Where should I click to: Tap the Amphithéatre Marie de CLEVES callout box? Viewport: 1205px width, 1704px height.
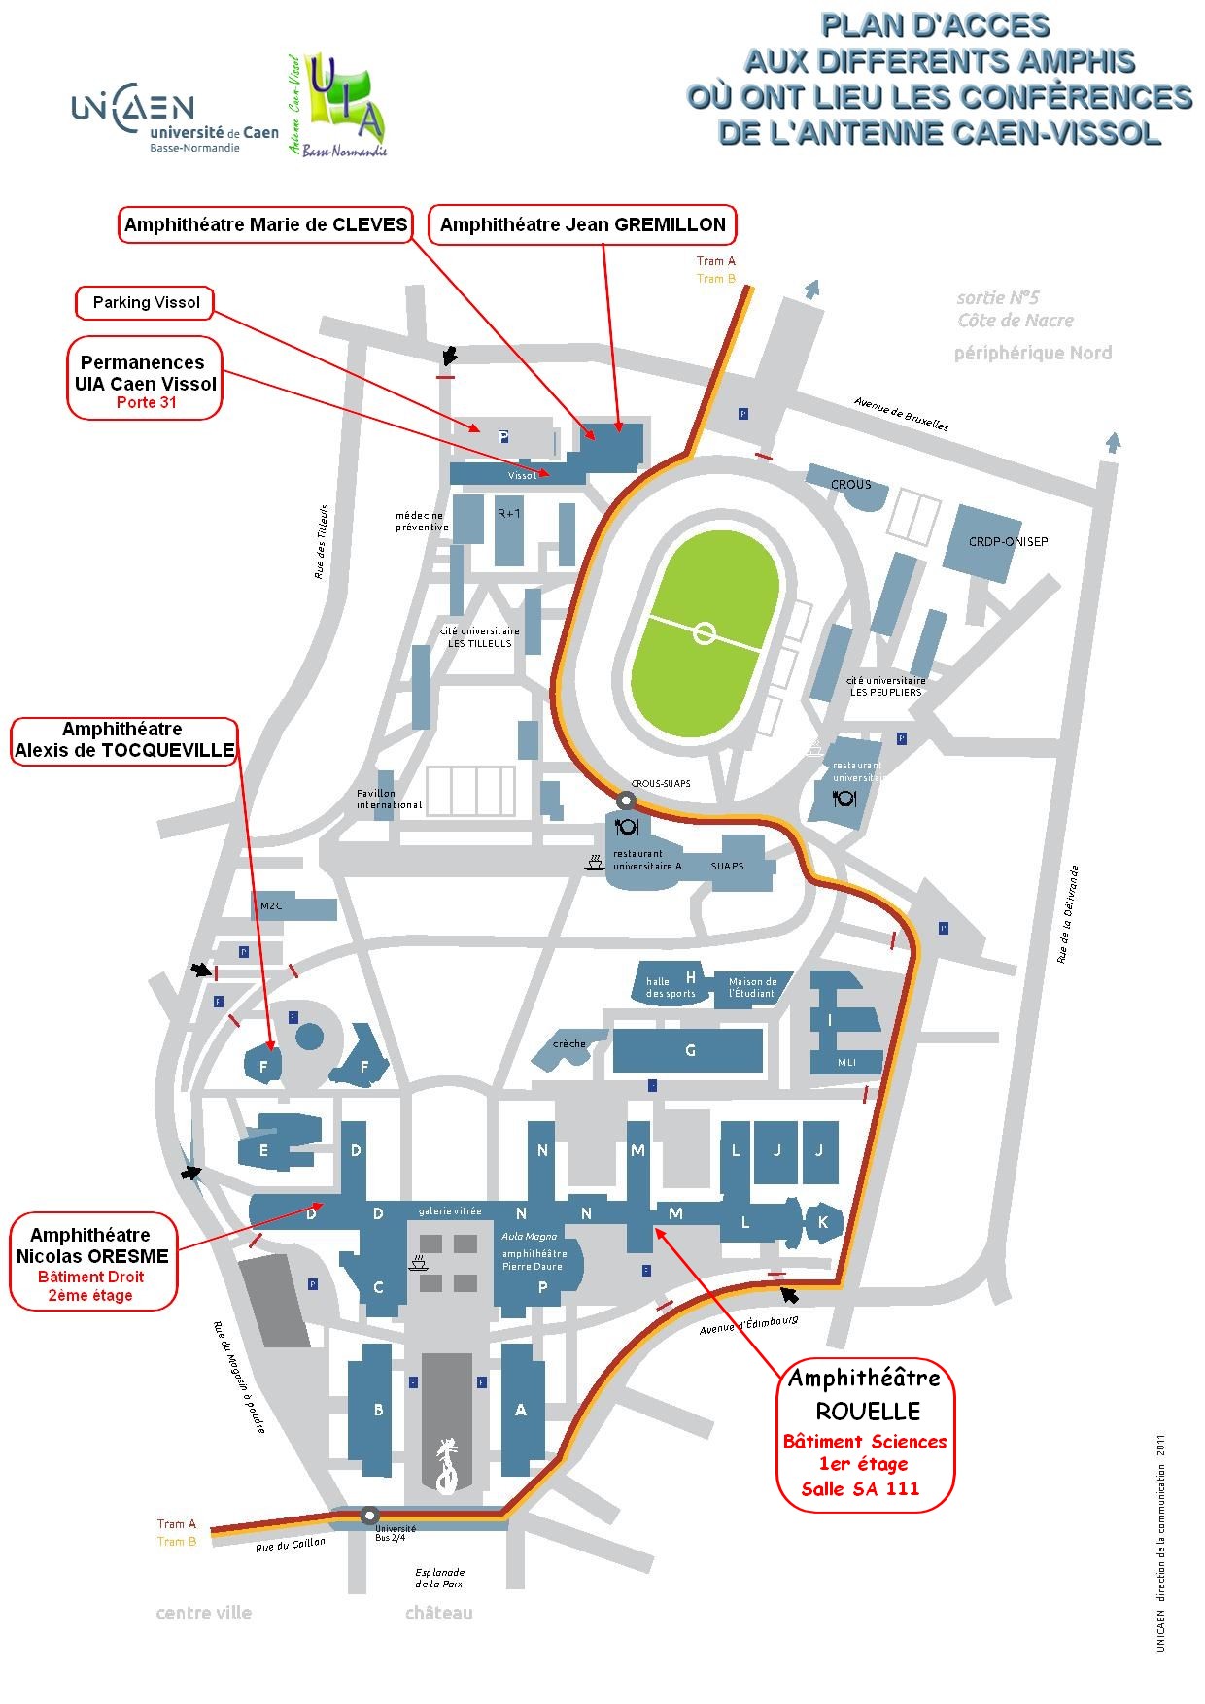click(265, 224)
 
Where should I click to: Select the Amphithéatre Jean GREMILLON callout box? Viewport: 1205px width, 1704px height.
click(582, 224)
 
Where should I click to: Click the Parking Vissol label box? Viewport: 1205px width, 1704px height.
click(146, 302)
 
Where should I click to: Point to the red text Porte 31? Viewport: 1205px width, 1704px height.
click(146, 402)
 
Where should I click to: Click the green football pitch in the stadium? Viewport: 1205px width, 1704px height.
click(705, 633)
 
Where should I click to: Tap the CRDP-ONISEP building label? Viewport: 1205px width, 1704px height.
click(1008, 541)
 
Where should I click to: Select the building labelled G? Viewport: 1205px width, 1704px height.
click(690, 1050)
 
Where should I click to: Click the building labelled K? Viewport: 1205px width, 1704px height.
click(823, 1222)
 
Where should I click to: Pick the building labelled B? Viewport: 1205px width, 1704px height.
click(378, 1410)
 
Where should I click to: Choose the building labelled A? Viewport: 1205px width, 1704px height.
click(521, 1410)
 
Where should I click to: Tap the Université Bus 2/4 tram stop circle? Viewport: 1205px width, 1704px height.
click(369, 1515)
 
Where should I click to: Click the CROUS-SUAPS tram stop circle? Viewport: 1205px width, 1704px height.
click(626, 801)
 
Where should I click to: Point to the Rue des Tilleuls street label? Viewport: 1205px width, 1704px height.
click(322, 542)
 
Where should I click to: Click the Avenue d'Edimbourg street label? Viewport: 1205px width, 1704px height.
click(748, 1324)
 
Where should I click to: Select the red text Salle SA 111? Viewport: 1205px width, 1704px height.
click(860, 1488)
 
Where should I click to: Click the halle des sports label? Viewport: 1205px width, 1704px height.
click(671, 987)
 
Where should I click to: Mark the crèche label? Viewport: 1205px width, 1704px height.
click(569, 1043)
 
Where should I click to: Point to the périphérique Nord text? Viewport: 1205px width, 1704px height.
click(1032, 353)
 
